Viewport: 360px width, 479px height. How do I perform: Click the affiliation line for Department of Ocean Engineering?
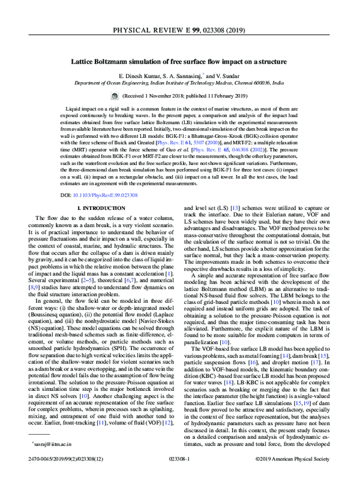click(x=179, y=85)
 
